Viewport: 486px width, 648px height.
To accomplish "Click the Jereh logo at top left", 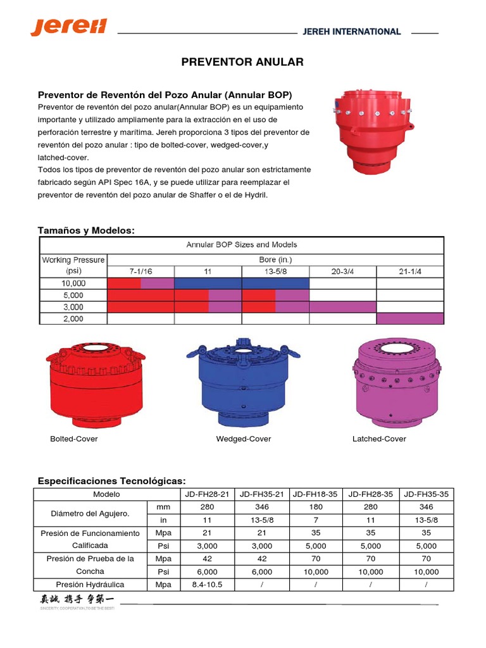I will point(69,27).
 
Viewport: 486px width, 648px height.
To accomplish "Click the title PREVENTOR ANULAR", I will point(242,62).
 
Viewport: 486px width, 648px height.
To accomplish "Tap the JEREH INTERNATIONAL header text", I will point(361,32).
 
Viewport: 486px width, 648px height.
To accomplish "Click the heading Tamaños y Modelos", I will point(87,230).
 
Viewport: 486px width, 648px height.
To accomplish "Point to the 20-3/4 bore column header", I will point(342,271).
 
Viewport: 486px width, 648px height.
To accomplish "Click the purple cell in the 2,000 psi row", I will point(410,318).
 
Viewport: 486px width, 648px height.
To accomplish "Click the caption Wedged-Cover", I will point(244,439).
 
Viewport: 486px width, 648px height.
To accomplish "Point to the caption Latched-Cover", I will point(379,439).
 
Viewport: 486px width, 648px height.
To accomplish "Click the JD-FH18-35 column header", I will point(315,494).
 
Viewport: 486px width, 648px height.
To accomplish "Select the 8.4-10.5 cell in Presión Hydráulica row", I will point(202,585).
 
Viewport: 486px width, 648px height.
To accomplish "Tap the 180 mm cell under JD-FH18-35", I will point(315,507).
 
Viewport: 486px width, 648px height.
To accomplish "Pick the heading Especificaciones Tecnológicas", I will point(112,481).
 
